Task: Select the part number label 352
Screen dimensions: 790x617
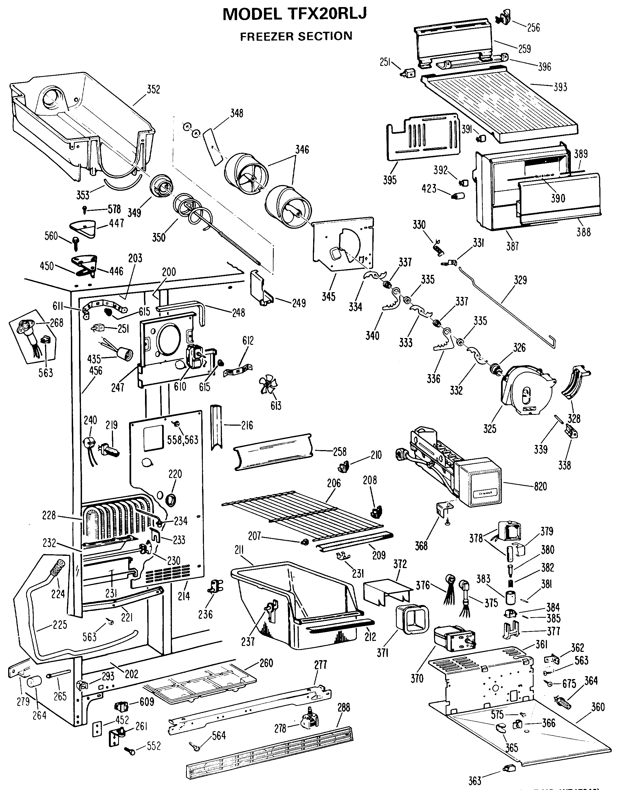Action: [153, 89]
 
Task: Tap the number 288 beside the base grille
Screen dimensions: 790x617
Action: [343, 707]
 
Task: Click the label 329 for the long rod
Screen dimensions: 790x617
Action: [520, 280]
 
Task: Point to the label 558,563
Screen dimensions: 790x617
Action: [182, 439]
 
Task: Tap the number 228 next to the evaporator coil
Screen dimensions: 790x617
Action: [49, 515]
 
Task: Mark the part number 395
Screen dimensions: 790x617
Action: [390, 180]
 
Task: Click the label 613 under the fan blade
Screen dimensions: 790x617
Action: [276, 406]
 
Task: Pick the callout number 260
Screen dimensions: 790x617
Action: [266, 663]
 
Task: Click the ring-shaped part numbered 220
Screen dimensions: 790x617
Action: [171, 500]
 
